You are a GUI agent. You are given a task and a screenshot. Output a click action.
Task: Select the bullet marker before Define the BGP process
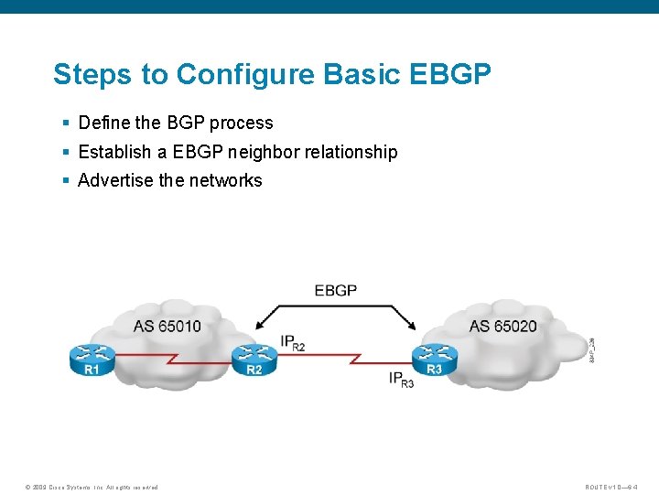(x=66, y=123)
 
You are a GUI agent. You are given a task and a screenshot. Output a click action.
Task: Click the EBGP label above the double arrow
(x=335, y=290)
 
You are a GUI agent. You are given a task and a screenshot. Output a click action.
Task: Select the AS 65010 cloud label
(x=167, y=327)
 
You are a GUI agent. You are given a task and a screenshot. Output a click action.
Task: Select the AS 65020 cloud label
(x=502, y=327)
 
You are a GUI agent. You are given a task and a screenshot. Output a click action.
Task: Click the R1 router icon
(x=92, y=360)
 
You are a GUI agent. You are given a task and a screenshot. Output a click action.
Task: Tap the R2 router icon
(x=254, y=360)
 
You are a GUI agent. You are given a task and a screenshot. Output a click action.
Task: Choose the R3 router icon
(x=435, y=359)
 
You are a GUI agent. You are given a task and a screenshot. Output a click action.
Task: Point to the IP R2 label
(x=293, y=343)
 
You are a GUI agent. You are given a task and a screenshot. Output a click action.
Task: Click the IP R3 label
(x=401, y=379)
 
